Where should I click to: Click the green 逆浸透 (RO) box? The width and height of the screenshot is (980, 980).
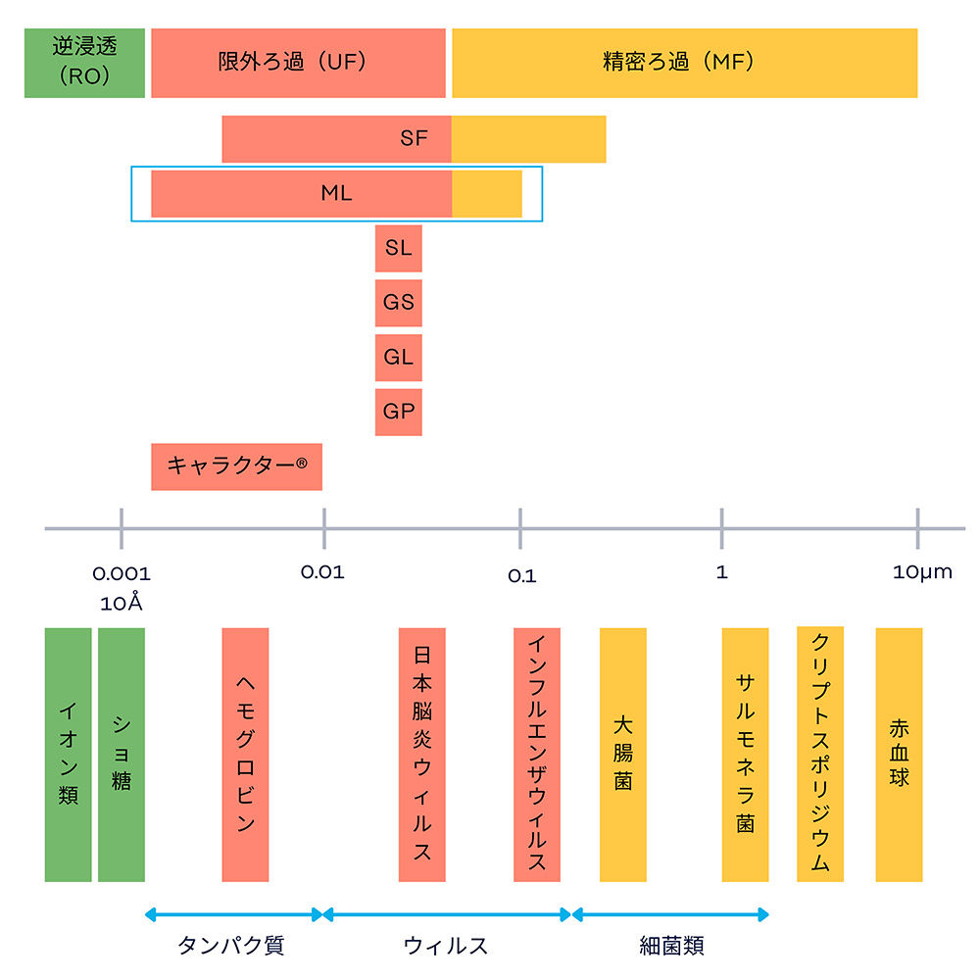coord(84,63)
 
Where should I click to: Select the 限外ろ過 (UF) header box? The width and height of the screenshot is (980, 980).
coord(298,63)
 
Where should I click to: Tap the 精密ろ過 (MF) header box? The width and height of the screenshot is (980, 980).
coord(684,63)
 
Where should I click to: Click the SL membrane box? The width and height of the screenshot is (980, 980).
coord(398,248)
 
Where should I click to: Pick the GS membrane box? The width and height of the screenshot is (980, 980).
coord(398,302)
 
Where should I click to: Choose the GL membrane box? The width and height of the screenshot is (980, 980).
coord(398,357)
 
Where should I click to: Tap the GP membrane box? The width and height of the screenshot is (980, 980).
coord(398,412)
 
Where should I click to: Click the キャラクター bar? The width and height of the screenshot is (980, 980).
coord(236,465)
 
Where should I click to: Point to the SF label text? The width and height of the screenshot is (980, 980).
coord(415,138)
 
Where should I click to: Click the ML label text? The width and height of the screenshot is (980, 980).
coord(336,193)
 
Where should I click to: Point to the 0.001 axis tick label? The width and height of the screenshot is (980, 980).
coord(122,572)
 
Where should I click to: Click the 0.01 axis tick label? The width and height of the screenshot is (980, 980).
coord(322,571)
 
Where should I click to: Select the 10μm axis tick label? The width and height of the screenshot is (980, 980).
coord(922,571)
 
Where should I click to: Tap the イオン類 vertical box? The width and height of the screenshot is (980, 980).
coord(68,755)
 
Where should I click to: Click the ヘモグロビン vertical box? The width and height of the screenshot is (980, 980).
coord(245,755)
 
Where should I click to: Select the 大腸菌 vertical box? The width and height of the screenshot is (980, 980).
coord(622,755)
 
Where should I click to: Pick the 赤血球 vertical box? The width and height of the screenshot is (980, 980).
coord(899,755)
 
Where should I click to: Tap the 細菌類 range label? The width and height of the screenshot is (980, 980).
coord(671,946)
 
